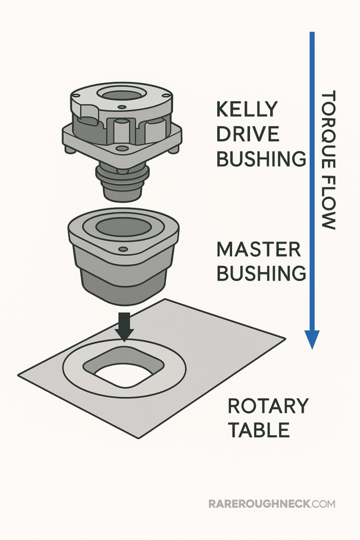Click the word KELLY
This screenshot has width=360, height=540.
tap(247, 109)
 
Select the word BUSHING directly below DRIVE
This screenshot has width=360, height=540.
tap(261, 158)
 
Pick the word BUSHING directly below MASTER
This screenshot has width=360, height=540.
tap(261, 273)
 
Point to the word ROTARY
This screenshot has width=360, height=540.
tap(268, 406)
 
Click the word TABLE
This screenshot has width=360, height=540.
tap(259, 430)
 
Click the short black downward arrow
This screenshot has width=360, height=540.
tap(124, 327)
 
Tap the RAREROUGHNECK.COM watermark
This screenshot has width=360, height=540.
tap(271, 504)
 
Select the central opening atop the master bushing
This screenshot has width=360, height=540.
tap(124, 227)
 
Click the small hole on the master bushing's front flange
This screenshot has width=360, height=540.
tap(123, 249)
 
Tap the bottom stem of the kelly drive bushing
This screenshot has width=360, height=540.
tap(122, 187)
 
